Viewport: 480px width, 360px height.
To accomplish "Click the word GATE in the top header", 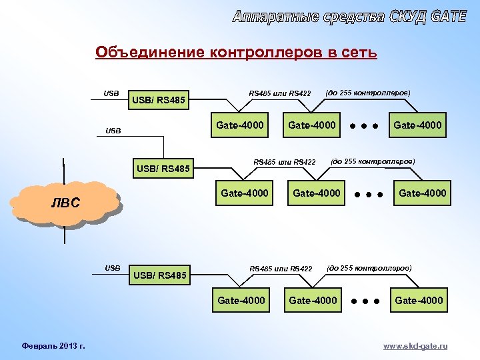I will [x=449, y=17].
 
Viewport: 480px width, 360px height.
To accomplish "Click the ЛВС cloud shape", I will [x=66, y=203].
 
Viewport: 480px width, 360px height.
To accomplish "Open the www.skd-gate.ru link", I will [x=416, y=346].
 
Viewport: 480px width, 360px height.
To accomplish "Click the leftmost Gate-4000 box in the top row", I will [x=240, y=125].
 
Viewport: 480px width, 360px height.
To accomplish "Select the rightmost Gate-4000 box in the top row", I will [x=418, y=125].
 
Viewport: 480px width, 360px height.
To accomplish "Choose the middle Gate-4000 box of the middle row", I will [x=317, y=193].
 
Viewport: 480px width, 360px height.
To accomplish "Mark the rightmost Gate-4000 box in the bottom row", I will [x=419, y=301].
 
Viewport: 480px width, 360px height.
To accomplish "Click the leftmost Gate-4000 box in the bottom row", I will [x=241, y=301].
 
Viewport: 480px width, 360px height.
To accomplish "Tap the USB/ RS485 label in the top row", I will [x=160, y=101].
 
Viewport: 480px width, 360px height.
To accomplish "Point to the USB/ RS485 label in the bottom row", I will [x=161, y=274].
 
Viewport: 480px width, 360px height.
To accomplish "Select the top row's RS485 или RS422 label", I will [x=280, y=93].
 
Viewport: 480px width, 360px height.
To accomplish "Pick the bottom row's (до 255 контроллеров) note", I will [x=369, y=267].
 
